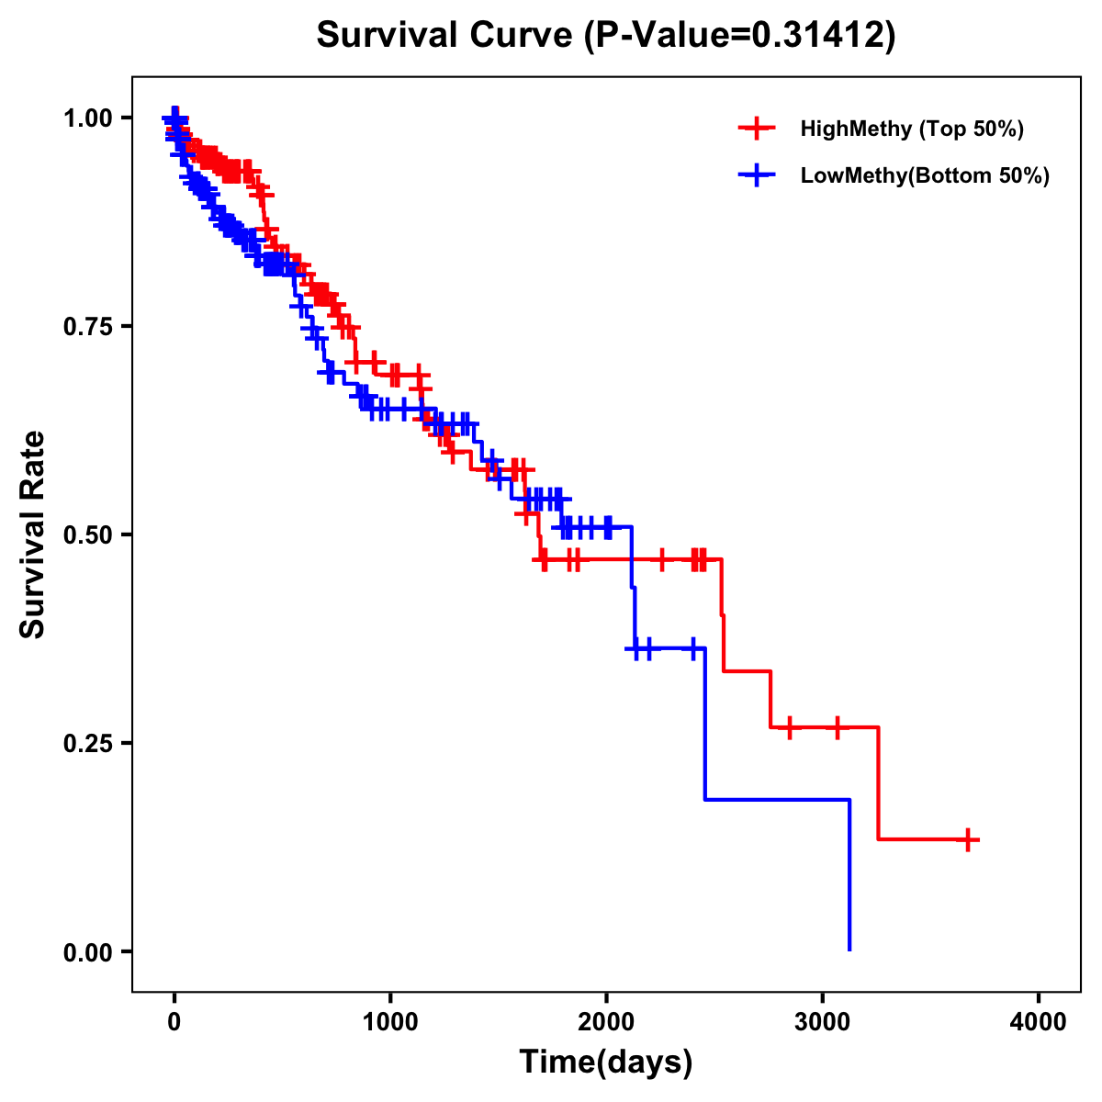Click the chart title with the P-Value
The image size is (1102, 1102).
point(605,35)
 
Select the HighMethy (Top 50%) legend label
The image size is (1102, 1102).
point(911,129)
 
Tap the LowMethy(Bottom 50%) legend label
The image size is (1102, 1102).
point(925,175)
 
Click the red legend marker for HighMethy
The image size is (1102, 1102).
point(757,129)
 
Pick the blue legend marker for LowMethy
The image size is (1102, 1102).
point(757,175)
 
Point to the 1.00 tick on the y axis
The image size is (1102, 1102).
point(87,118)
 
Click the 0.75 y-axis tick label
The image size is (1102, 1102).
point(87,326)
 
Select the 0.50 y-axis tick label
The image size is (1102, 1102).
point(87,534)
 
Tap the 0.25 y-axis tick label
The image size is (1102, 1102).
point(87,743)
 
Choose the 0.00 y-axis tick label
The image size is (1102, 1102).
point(87,951)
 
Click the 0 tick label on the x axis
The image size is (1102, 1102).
point(174,1023)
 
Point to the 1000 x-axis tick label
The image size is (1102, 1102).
point(390,1023)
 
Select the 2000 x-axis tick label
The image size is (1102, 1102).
point(606,1023)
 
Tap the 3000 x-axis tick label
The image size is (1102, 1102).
point(823,1023)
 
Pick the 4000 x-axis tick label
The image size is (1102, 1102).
point(1039,1023)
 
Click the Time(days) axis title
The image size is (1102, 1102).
point(606,1063)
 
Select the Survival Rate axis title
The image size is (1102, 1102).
point(33,534)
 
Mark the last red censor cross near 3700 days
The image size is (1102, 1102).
point(968,839)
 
